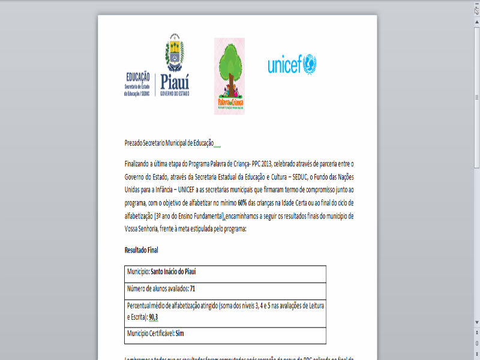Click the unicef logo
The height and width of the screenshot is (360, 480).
(292, 64)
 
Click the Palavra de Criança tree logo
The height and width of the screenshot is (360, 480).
(229, 76)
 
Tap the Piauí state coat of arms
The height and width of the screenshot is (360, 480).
(175, 55)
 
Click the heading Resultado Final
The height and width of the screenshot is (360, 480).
(141, 249)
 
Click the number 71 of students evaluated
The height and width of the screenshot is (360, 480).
(193, 289)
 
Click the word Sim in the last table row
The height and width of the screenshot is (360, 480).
(188, 332)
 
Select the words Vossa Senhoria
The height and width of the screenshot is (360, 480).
(141, 229)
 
